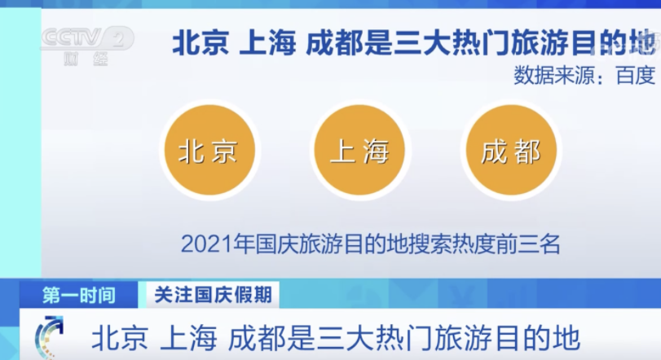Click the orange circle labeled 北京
(210, 150)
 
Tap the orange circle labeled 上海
(359, 150)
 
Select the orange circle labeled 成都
(511, 150)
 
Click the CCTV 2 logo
(87, 38)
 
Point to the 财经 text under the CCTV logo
(86, 59)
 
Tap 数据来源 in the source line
(553, 76)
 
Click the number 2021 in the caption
(207, 244)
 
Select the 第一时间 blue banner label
(79, 295)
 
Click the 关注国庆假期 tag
(213, 294)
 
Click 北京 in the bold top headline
(201, 42)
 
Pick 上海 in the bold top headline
(267, 42)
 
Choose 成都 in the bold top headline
(335, 42)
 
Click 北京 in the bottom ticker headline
(120, 338)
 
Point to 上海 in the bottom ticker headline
(188, 338)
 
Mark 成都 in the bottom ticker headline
(257, 338)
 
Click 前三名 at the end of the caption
(529, 244)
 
